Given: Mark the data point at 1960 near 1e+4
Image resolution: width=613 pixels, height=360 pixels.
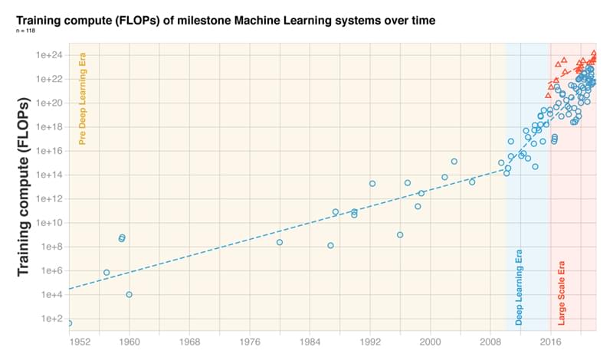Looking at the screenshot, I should click(x=129, y=294).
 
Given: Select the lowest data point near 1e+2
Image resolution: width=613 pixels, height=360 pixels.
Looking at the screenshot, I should click(x=70, y=323).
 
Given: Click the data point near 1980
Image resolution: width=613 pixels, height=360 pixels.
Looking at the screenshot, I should click(x=280, y=242).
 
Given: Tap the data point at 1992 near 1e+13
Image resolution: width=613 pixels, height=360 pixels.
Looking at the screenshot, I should click(x=372, y=183).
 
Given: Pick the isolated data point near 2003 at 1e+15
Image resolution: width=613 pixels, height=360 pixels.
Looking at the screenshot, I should click(x=454, y=161).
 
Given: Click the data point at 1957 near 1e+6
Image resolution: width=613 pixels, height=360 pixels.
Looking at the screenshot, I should click(x=107, y=273).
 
